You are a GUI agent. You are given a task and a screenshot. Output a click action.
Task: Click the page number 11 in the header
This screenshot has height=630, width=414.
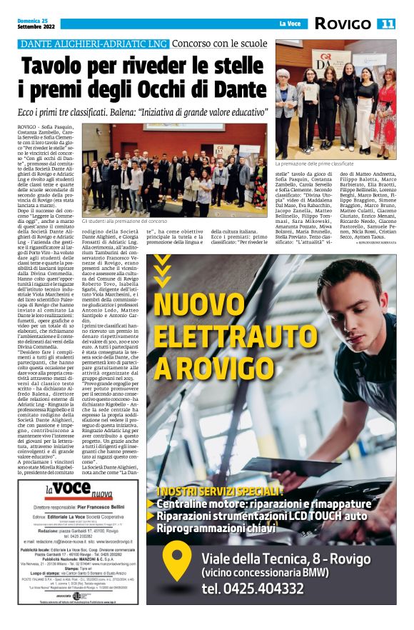[x=387, y=24]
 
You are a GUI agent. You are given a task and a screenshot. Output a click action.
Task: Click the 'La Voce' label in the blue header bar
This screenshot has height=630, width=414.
[x=288, y=24]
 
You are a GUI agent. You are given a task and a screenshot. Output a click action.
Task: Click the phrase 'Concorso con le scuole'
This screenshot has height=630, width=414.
[x=219, y=44]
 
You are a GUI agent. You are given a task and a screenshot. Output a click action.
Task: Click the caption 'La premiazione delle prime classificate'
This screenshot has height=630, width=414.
[x=318, y=164]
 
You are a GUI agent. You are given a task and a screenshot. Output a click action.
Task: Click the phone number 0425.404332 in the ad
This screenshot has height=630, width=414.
[x=263, y=589]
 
